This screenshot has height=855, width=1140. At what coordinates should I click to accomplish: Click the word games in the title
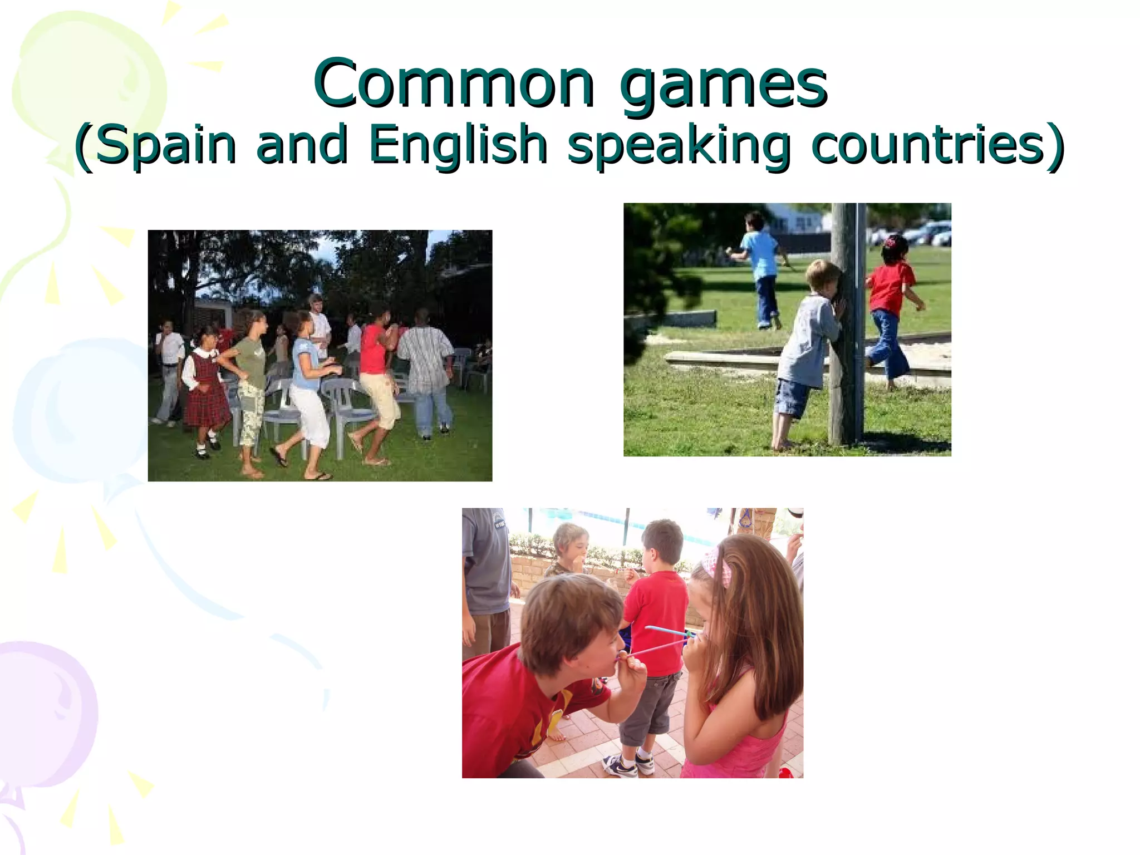click(723, 86)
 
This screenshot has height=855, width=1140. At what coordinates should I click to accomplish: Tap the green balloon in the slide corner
click(83, 83)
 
